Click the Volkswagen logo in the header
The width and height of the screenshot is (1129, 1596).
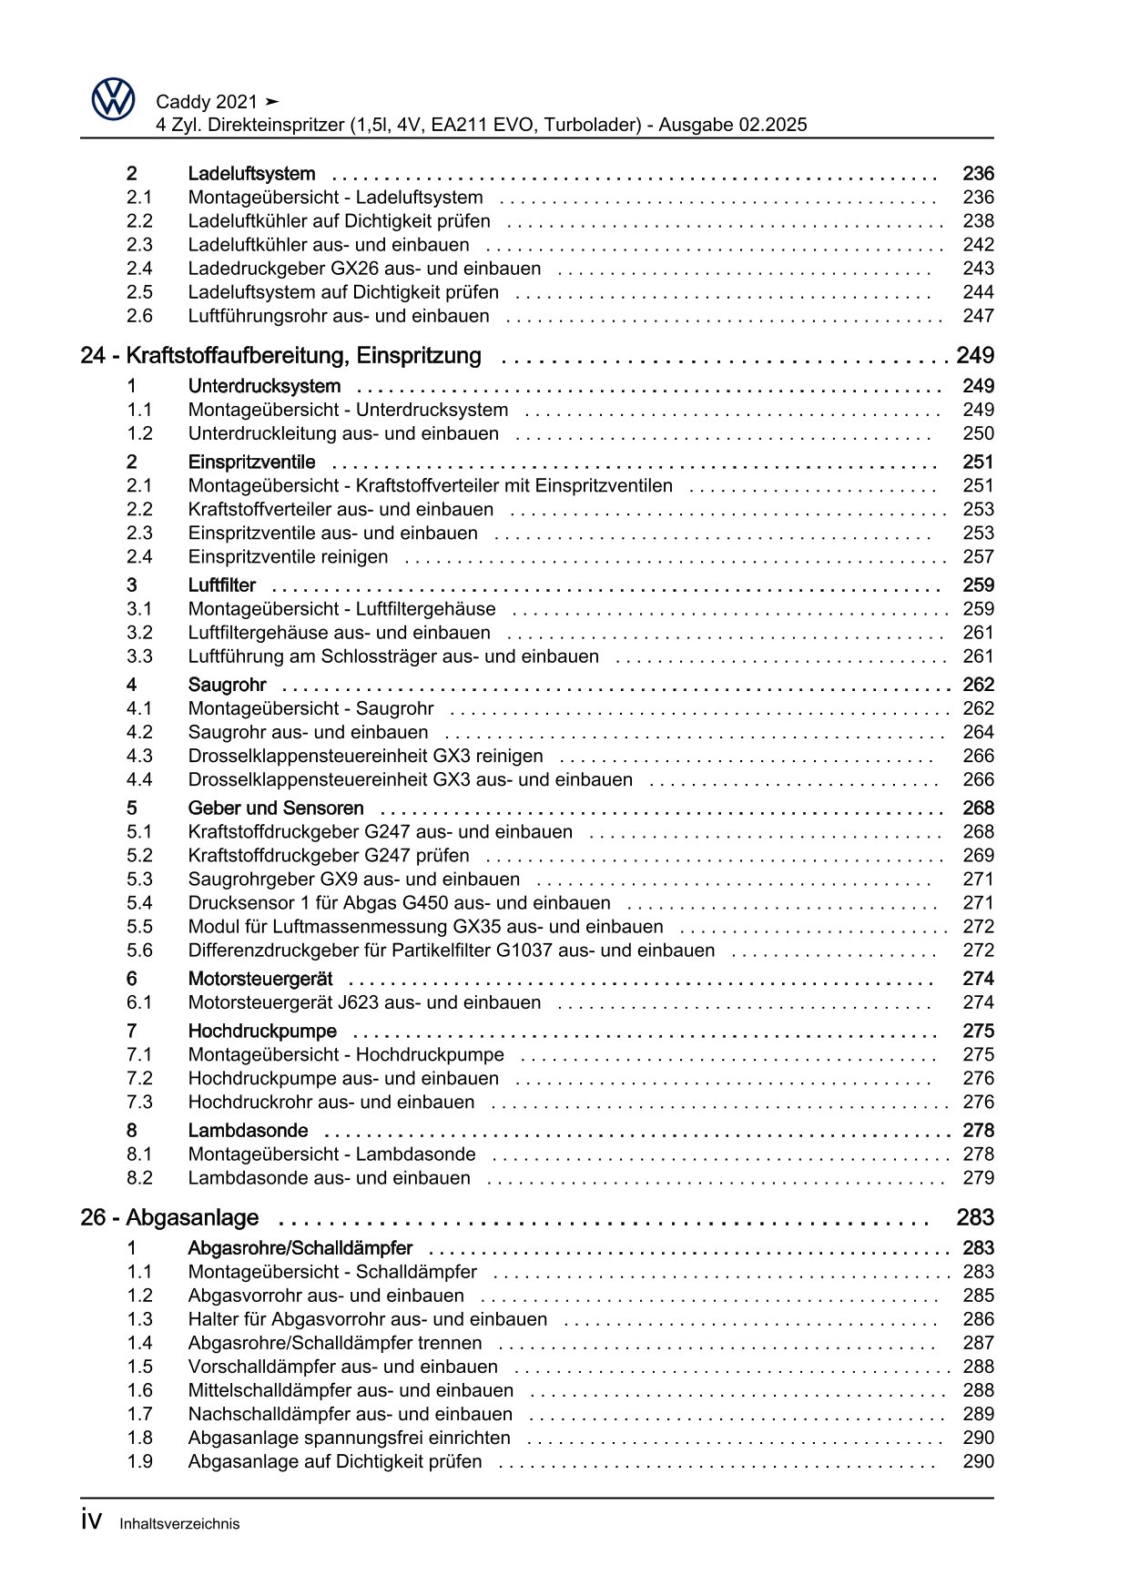pos(114,99)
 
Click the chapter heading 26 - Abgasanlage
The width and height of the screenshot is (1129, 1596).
pos(169,1218)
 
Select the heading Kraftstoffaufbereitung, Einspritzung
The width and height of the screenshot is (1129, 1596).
pos(303,356)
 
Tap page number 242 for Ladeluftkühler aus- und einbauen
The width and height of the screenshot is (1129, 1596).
pos(978,245)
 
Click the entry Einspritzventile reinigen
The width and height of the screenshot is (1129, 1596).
pos(288,557)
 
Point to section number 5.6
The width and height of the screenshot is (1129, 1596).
pos(139,950)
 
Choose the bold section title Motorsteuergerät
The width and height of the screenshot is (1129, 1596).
pos(259,980)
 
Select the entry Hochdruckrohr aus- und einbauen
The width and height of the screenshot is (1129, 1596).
pos(331,1103)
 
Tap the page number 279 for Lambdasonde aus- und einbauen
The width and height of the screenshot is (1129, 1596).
pos(978,1178)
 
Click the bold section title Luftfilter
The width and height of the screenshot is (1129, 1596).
pos(221,585)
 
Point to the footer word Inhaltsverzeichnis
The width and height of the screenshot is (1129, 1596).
pos(179,1524)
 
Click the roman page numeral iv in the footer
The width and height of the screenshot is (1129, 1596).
pos(91,1521)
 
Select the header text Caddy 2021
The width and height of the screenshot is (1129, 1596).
pos(208,102)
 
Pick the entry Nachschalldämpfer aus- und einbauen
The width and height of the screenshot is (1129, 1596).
pos(350,1415)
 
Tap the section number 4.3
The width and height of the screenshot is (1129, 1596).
pos(139,757)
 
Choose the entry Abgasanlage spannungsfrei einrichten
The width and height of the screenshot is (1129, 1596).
pos(349,1438)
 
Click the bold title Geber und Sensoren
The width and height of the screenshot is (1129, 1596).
pos(275,808)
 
